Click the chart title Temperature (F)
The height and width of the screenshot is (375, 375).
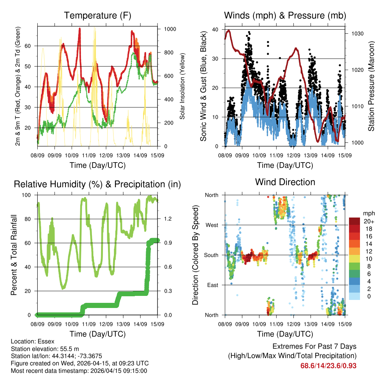[97, 16]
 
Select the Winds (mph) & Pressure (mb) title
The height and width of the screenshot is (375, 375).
[285, 16]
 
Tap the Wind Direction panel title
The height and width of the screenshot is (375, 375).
[285, 182]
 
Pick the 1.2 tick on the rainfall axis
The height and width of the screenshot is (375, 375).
[168, 219]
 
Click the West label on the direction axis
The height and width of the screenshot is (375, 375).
[212, 225]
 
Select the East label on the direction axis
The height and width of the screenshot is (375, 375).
[212, 285]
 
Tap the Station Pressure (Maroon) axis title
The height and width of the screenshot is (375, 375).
[371, 86]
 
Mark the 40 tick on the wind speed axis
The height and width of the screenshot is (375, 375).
[216, 29]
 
